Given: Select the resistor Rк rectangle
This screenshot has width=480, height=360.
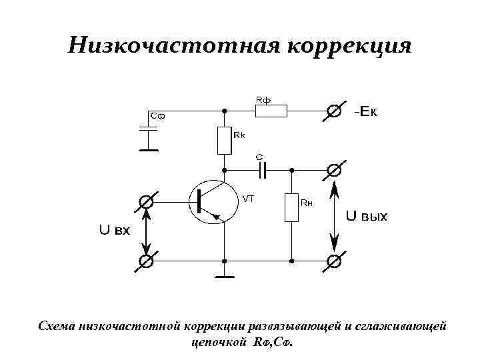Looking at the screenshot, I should coord(224,140).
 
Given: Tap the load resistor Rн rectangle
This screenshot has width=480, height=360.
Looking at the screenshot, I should coord(291,207).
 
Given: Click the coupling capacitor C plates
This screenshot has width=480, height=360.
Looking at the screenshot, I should coord(262,170).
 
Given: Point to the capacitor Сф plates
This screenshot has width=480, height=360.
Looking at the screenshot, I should coord(149,129).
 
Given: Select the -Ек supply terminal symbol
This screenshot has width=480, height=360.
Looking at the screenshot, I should coord(334,111).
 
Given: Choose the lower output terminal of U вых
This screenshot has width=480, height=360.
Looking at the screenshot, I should coord(335,261).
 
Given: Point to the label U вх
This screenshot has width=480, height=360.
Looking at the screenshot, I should coord(115,230).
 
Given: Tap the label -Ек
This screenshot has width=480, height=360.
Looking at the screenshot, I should coord(365,111).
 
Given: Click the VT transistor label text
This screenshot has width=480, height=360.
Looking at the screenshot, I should coord(248,198).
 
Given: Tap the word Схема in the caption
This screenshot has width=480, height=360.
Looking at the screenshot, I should coord(57,327).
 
